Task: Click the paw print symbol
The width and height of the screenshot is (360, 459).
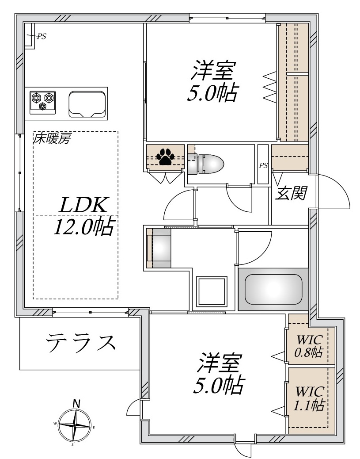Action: [166, 156]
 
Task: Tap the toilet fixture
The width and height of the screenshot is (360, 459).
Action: [207, 164]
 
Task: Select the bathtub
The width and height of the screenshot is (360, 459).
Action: [273, 289]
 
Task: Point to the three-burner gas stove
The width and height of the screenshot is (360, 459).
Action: [43, 101]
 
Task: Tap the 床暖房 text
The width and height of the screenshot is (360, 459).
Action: [52, 140]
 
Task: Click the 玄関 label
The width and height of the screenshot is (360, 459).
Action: [291, 193]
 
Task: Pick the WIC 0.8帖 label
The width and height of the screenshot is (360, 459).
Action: [310, 346]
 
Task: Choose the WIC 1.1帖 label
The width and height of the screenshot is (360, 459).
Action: [310, 398]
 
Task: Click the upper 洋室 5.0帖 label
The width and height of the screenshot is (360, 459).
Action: [212, 82]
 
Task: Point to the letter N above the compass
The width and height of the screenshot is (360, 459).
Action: [76, 403]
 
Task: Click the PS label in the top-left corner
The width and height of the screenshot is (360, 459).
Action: [41, 37]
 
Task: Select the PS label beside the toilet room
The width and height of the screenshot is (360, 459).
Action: [263, 166]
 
